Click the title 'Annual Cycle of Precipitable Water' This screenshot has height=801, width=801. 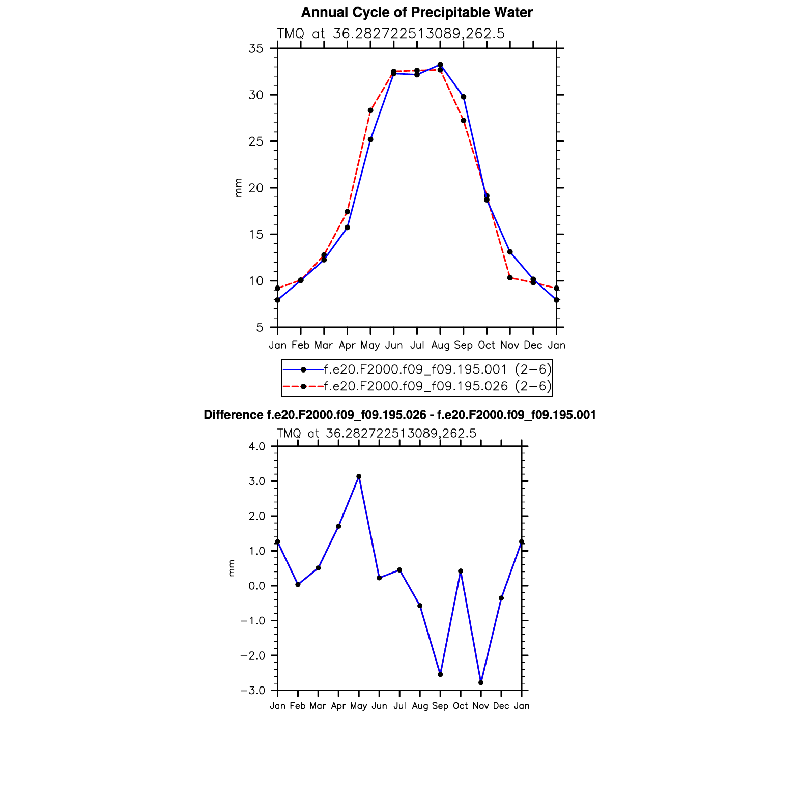click(416, 12)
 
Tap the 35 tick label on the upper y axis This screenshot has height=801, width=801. click(255, 49)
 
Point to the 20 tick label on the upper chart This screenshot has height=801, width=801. click(255, 188)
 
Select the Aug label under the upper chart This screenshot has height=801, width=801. click(440, 346)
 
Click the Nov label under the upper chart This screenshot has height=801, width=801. click(509, 346)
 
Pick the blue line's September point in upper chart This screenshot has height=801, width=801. click(464, 97)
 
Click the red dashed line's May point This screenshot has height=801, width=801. click(370, 110)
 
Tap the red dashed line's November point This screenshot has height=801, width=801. click(510, 278)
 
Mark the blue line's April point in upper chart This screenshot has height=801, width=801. click(347, 227)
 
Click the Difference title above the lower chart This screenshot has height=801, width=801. click(399, 415)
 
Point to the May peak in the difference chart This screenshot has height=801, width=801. click(359, 477)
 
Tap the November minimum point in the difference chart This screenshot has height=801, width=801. click(481, 682)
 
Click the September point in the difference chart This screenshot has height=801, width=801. click(440, 674)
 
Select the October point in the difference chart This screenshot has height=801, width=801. click(461, 571)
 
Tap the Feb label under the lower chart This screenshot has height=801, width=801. click(298, 706)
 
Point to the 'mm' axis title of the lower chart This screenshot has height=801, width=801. click(232, 568)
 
